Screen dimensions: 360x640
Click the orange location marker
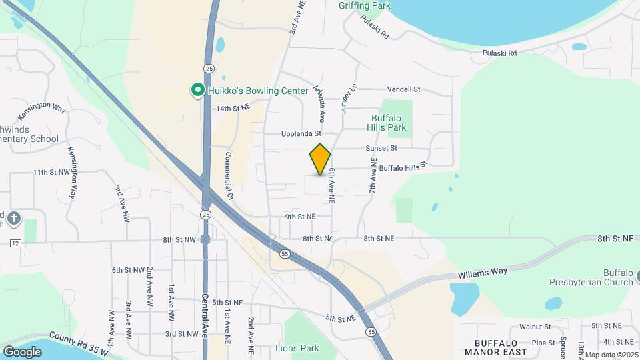[320, 159]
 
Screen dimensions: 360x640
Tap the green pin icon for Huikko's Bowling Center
[197, 90]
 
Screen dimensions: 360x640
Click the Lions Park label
[297, 348]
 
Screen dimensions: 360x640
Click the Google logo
[22, 351]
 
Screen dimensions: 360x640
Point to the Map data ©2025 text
[612, 355]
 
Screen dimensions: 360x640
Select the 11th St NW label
[51, 172]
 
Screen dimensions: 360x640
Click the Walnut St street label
[535, 327]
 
